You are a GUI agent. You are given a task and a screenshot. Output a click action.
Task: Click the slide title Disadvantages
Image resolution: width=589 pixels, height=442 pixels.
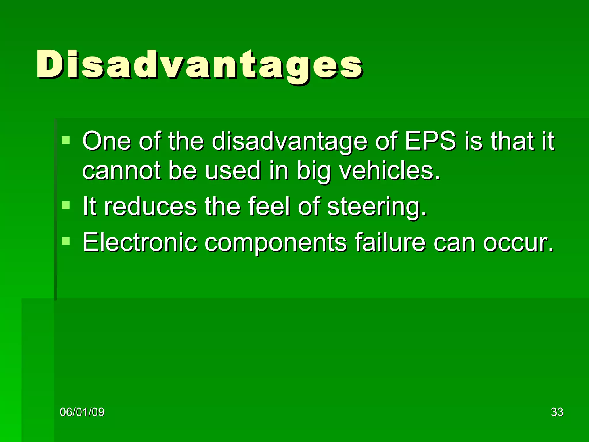tap(199, 64)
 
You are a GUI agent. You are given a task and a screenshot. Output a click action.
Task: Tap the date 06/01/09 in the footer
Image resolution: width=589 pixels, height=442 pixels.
tap(82, 412)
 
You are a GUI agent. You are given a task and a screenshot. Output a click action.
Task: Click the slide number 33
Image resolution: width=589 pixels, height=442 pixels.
tap(557, 412)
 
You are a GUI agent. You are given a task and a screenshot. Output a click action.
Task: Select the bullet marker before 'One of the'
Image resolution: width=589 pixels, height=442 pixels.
tap(66, 140)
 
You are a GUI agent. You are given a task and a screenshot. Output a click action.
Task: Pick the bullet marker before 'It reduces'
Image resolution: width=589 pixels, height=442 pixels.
tap(66, 205)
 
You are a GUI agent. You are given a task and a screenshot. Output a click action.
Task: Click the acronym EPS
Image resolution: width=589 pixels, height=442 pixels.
tap(430, 141)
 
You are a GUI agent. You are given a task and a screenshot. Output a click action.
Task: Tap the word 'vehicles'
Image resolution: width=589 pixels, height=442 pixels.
tap(389, 170)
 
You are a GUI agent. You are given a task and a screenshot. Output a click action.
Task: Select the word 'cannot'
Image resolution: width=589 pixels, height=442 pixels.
tap(121, 170)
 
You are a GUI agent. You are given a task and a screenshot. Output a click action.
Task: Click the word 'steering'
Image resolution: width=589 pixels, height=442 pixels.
tap(377, 207)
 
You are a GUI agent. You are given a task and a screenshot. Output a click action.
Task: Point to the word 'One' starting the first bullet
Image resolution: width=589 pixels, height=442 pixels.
tap(106, 141)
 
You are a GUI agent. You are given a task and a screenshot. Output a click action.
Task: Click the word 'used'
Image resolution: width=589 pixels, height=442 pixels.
tap(232, 170)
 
